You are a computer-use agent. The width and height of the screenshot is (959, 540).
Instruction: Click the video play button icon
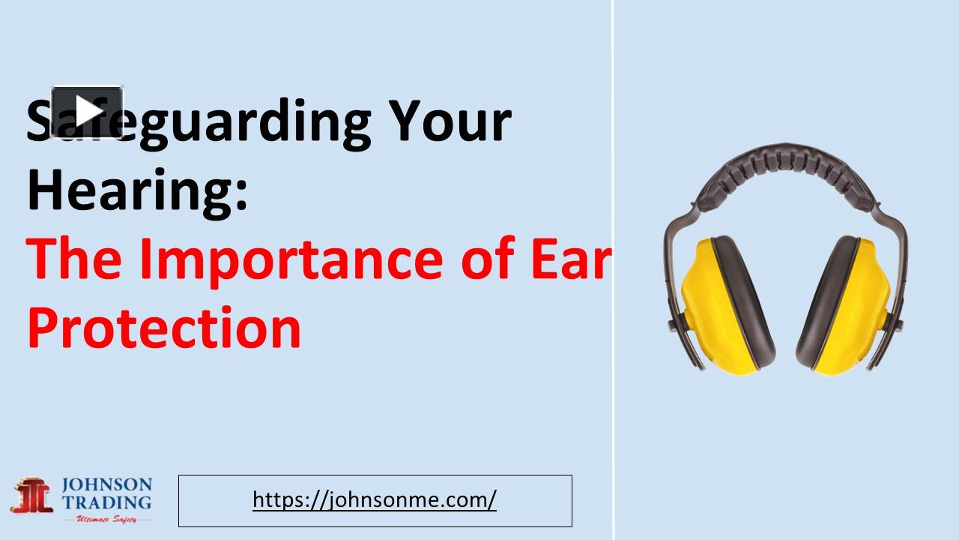tap(87, 112)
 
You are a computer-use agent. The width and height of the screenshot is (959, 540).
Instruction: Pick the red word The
tap(74, 259)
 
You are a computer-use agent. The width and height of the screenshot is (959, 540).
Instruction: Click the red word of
tap(488, 259)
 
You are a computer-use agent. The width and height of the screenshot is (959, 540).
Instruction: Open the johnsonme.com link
tap(375, 499)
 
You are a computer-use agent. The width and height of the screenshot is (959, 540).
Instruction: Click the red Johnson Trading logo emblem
tap(33, 496)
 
